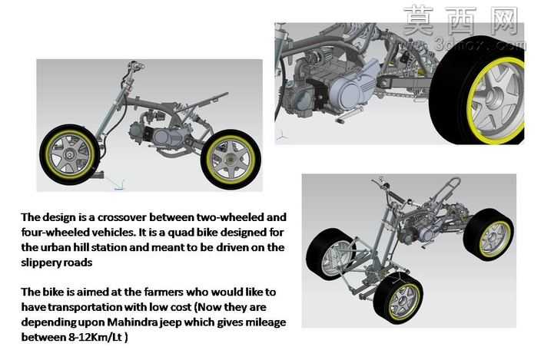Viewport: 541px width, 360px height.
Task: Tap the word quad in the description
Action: tap(181, 233)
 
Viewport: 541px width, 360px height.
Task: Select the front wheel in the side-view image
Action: tap(70, 155)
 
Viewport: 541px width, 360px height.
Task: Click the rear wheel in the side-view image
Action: tap(230, 160)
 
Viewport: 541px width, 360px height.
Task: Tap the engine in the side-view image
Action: tap(157, 135)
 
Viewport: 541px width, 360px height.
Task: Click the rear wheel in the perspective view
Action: tap(488, 234)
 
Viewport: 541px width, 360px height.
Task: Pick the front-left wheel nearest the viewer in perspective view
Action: tap(398, 298)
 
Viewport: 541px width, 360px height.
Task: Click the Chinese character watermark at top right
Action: tap(461, 21)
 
